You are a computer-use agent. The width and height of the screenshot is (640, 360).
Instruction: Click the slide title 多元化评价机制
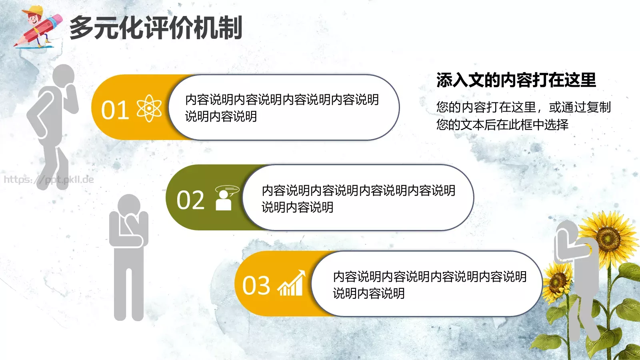156,28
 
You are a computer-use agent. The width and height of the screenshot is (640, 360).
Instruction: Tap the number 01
115,110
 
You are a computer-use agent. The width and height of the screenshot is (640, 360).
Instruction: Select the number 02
190,200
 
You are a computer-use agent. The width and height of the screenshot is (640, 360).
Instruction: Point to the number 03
256,286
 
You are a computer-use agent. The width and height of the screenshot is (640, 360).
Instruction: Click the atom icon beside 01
149,108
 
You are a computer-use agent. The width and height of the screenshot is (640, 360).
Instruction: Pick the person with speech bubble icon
226,198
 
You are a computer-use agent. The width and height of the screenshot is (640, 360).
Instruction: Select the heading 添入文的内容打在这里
516,80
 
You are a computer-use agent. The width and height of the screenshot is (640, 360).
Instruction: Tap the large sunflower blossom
608,238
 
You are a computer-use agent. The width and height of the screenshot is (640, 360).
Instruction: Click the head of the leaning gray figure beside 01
63,76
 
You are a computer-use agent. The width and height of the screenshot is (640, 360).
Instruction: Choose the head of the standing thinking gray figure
129,206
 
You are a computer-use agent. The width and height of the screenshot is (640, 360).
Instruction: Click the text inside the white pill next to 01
282,108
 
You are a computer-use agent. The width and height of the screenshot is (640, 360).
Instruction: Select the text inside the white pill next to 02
358,198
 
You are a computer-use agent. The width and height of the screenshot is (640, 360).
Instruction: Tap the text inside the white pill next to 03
429,284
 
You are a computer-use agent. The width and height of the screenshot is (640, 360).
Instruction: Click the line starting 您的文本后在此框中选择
502,125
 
